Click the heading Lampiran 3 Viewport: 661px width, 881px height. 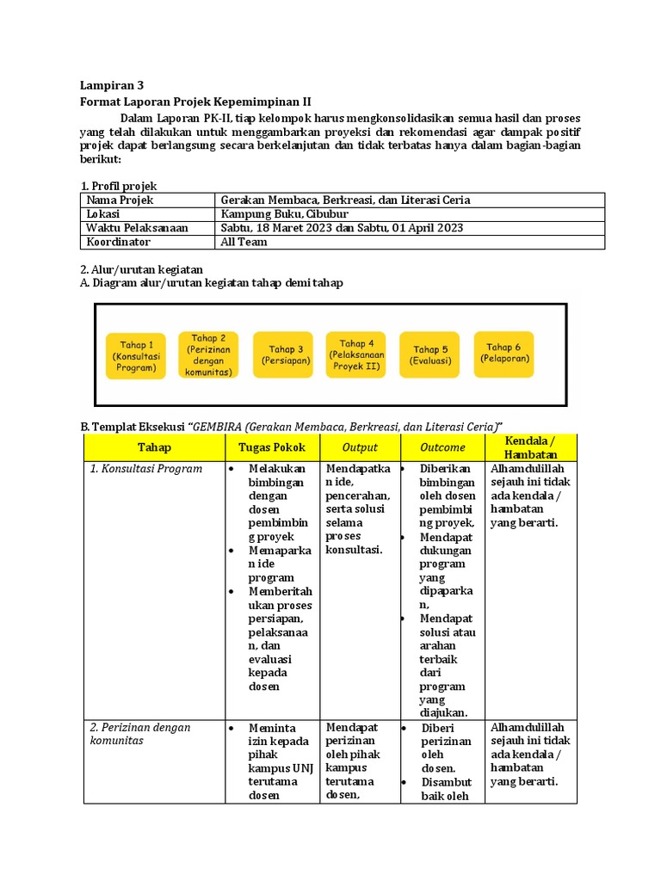tap(112, 85)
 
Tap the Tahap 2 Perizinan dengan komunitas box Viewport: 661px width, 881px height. tap(209, 354)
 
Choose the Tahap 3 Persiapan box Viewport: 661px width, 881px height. tap(283, 355)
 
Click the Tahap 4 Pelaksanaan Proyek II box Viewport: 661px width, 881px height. tap(356, 354)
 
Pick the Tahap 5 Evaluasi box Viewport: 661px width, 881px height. tap(430, 355)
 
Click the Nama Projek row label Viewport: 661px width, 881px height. tap(119, 200)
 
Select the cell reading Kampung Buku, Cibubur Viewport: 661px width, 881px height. tap(285, 214)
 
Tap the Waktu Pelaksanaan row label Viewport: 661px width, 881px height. tap(136, 228)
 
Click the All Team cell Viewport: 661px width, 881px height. tap(244, 242)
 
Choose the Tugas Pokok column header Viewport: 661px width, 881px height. tap(271, 447)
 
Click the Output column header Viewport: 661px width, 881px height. tap(360, 447)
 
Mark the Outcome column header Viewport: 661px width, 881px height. tap(442, 447)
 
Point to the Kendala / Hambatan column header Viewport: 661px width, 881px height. tap(531, 447)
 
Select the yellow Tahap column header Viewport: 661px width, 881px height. tap(154, 447)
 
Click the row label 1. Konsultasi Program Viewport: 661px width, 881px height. tap(146, 469)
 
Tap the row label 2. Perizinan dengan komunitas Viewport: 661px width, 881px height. tap(140, 734)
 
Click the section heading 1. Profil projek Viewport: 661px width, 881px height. tap(119, 186)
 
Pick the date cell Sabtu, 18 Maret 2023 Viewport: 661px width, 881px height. tap(342, 228)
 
